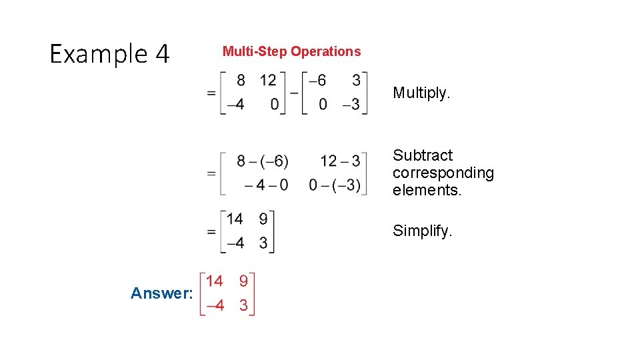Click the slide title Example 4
pos(110,53)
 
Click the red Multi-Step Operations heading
pos(291,51)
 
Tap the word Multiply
pos(421,93)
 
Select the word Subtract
pos(423,155)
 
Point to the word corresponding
pos(443,173)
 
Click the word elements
pos(427,190)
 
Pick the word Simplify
pos(423,231)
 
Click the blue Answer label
pos(162,293)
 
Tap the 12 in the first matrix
pos(268,80)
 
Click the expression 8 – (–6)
pos(262,161)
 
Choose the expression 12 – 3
pos(339,161)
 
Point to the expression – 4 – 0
pos(266,185)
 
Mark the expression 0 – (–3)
pos(335,185)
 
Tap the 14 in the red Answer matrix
pos(214,281)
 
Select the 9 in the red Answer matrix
pos(243,281)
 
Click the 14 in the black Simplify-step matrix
pos(234,219)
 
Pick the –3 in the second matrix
pos(351,105)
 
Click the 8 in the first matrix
pos(241,80)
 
